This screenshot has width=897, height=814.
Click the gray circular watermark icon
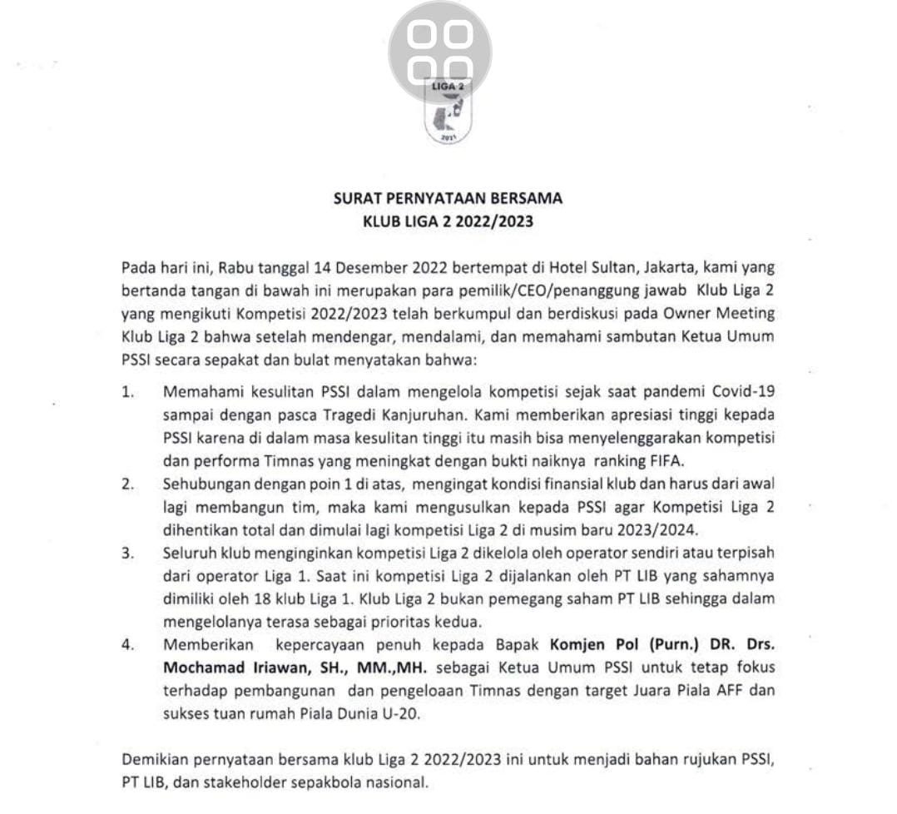439,52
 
